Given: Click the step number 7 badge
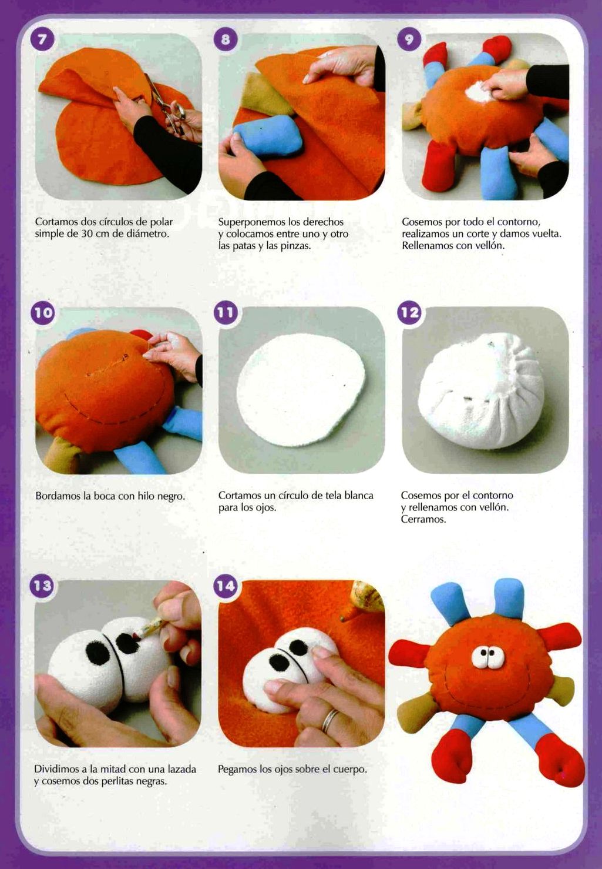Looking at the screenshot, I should tap(43, 39).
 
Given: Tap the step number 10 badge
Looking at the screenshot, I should tap(43, 312).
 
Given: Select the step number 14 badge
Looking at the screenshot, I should tap(226, 586).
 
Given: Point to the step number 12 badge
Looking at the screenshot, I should tap(409, 312).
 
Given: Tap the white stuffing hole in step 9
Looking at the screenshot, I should tap(479, 92).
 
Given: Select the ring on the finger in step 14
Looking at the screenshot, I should tap(329, 720).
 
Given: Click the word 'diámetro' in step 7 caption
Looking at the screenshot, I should tap(147, 233).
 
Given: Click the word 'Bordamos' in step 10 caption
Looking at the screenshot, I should tap(58, 496).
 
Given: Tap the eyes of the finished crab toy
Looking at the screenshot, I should tap(488, 657).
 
